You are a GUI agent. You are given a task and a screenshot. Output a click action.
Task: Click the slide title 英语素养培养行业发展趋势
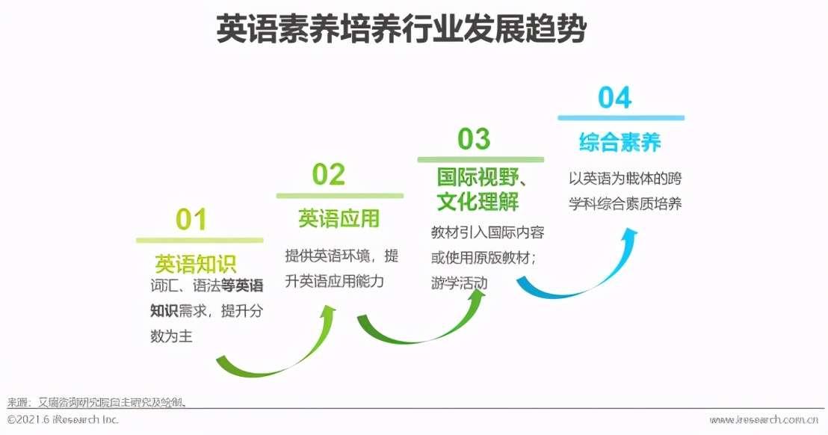(x=401, y=31)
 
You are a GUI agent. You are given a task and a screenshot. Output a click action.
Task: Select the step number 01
(x=191, y=219)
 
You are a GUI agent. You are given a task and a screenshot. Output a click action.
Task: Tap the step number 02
(x=328, y=174)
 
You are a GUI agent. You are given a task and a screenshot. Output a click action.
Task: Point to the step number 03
(x=473, y=138)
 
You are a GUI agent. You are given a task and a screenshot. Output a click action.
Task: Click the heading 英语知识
(x=195, y=263)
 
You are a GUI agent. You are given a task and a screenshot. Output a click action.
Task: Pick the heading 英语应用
(x=339, y=218)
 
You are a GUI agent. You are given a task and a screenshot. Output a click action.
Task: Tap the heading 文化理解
(x=478, y=201)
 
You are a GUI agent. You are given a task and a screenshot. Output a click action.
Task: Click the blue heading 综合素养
(x=620, y=142)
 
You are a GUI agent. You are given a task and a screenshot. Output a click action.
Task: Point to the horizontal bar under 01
(x=200, y=240)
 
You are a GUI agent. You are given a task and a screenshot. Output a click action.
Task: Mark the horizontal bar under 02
(x=339, y=196)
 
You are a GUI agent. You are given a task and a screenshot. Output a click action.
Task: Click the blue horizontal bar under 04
(x=620, y=117)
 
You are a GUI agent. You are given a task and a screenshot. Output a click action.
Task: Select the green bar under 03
(x=480, y=159)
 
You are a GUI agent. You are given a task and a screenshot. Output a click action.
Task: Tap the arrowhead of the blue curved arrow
(x=630, y=238)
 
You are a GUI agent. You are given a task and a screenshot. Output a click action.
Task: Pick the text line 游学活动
(x=459, y=283)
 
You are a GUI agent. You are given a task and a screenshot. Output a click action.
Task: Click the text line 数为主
(x=171, y=336)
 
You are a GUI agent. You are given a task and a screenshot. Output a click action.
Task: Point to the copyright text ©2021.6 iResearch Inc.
(x=64, y=419)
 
